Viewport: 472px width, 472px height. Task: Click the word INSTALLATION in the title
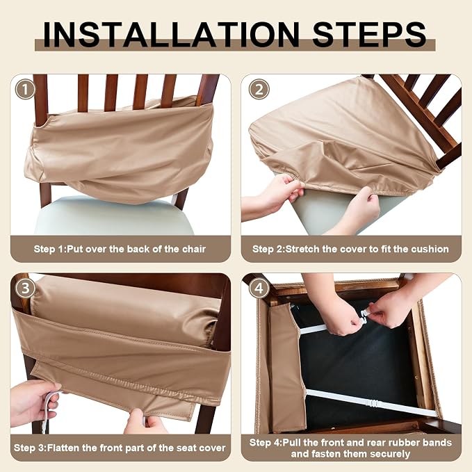[x=171, y=35]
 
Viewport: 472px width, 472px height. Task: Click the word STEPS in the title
[x=370, y=35]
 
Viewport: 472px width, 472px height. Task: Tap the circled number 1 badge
[x=25, y=89]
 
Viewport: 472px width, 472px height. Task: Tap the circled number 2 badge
[x=259, y=89]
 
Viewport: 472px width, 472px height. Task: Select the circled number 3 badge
[x=25, y=288]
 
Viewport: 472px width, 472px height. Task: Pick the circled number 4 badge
[x=259, y=288]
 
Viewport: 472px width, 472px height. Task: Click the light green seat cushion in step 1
[x=114, y=214]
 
